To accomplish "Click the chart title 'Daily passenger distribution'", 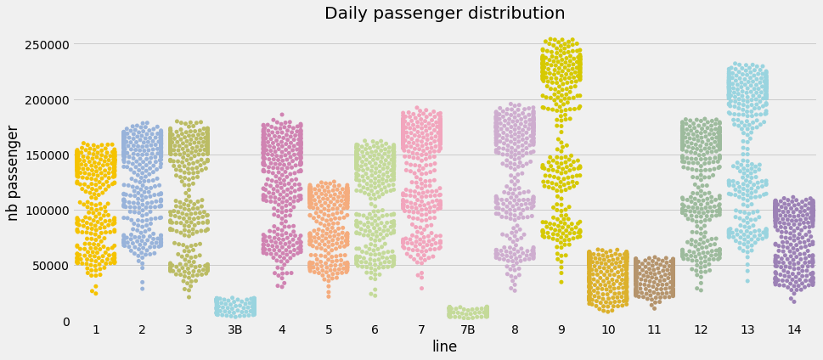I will pyautogui.click(x=444, y=14).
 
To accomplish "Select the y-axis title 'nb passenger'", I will pyautogui.click(x=14, y=172).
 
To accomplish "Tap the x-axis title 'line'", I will pyautogui.click(x=444, y=346).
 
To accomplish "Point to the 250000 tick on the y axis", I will pyautogui.click(x=45, y=44).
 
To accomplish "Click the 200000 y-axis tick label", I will pyautogui.click(x=45, y=99).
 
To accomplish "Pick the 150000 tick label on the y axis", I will pyautogui.click(x=45, y=155).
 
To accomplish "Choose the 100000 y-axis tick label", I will pyautogui.click(x=45, y=210).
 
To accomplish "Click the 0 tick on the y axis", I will pyautogui.click(x=65, y=321).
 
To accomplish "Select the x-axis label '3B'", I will pyautogui.click(x=235, y=329).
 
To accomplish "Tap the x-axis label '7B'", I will pyautogui.click(x=468, y=329).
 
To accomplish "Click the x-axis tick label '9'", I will pyautogui.click(x=561, y=329).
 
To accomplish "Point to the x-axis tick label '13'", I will pyautogui.click(x=747, y=329).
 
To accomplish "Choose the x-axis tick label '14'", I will pyautogui.click(x=794, y=329).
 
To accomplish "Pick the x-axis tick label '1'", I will pyautogui.click(x=96, y=329).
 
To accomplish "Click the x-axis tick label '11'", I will pyautogui.click(x=654, y=329).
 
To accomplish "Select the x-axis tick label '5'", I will pyautogui.click(x=329, y=329).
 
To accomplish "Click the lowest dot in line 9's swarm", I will pyautogui.click(x=561, y=282).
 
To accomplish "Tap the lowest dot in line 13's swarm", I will pyautogui.click(x=747, y=281).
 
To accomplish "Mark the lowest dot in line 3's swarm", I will pyautogui.click(x=189, y=296).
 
